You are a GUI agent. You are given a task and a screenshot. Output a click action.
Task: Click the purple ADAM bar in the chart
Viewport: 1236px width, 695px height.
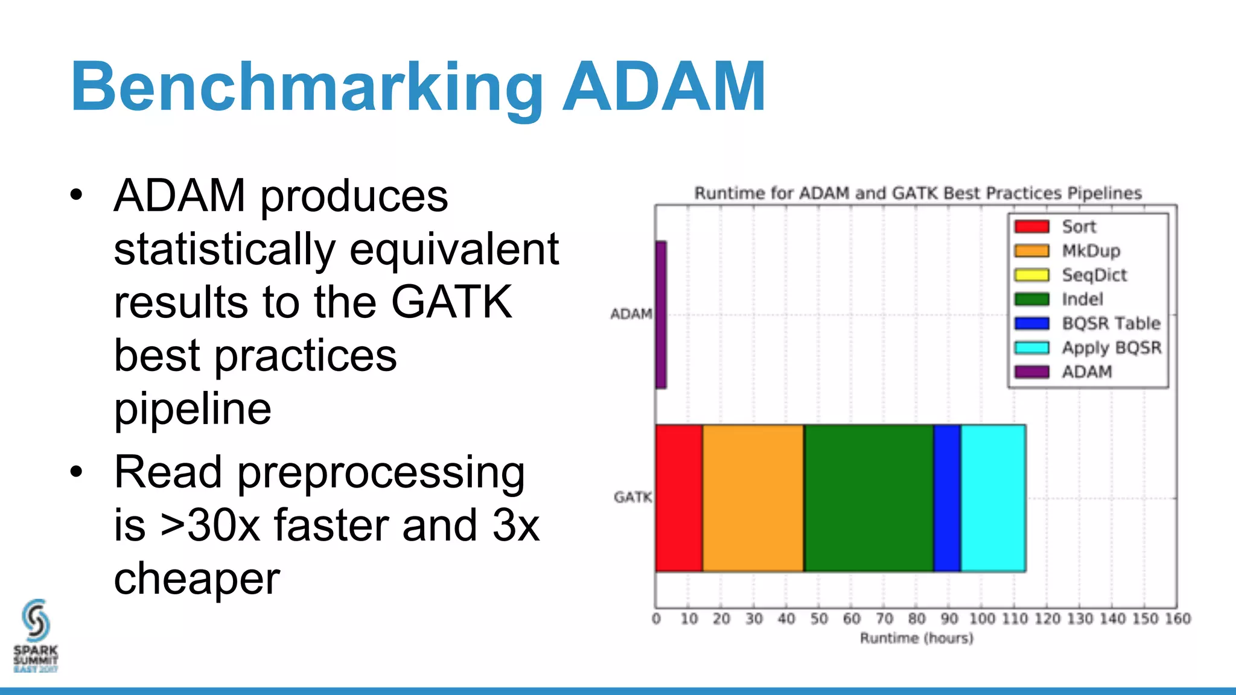[661, 314]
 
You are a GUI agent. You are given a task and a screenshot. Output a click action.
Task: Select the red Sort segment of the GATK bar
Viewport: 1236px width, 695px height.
[679, 498]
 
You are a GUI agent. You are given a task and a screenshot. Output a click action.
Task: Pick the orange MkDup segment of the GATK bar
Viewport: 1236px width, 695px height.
[753, 498]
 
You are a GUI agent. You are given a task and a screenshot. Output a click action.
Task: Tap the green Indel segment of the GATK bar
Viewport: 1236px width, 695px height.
[868, 498]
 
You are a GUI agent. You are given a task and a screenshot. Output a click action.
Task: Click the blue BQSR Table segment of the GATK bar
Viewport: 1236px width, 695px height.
[947, 498]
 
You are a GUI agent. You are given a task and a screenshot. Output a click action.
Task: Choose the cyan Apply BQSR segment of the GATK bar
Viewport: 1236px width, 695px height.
[993, 498]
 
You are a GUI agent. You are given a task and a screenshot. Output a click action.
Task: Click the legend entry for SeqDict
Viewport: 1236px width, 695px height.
[1094, 275]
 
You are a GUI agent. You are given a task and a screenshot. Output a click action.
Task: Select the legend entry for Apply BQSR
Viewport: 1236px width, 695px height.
[1111, 347]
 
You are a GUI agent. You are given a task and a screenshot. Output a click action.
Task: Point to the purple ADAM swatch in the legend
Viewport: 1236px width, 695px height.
[1031, 372]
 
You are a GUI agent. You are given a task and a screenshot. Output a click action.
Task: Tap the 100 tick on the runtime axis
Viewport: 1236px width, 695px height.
[982, 618]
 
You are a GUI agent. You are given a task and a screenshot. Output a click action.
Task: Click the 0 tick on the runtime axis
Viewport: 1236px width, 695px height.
[656, 618]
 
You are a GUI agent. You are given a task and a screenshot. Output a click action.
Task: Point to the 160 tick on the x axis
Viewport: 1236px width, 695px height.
[1177, 618]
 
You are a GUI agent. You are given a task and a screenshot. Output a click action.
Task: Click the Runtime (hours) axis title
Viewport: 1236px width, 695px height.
[916, 638]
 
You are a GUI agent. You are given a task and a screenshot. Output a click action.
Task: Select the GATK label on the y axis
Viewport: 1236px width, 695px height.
[632, 497]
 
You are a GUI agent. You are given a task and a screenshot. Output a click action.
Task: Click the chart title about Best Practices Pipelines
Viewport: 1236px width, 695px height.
[917, 193]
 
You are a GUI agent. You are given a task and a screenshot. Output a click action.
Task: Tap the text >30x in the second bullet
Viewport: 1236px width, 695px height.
[210, 525]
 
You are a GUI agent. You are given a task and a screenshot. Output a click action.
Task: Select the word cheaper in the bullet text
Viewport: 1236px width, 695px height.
[197, 578]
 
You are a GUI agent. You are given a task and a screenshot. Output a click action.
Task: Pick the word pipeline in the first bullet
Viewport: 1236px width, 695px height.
[193, 409]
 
